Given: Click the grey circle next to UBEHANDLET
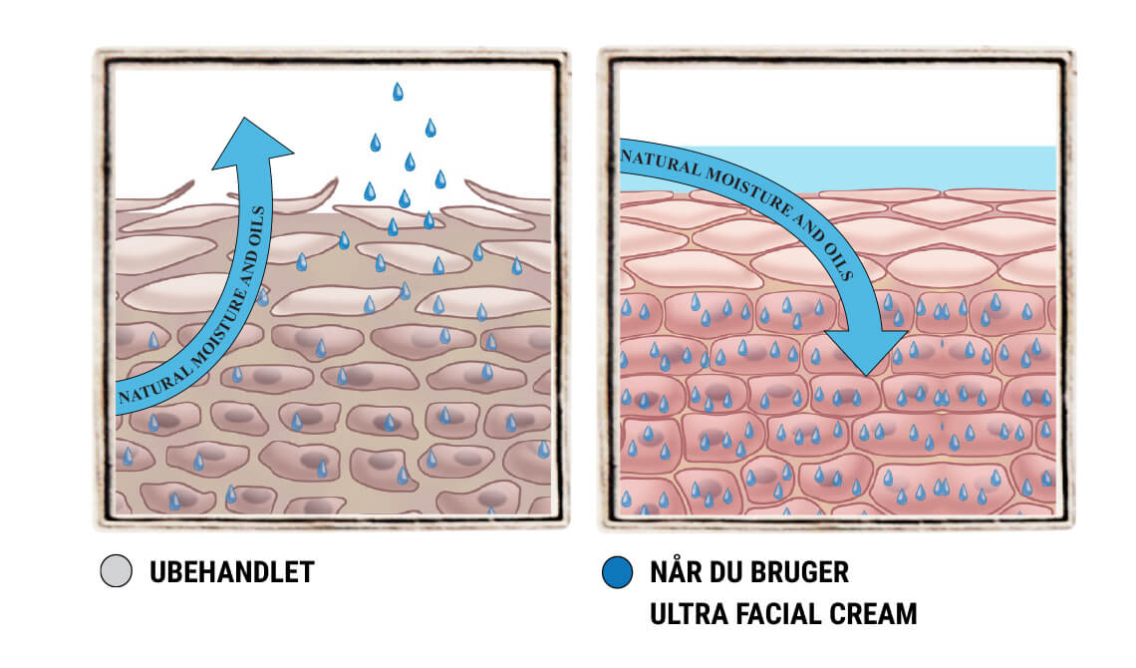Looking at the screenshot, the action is tap(116, 571).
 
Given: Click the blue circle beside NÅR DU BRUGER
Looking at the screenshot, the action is tap(617, 571).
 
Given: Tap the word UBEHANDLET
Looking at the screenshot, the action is tap(232, 572).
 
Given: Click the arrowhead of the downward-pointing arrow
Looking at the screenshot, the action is tap(867, 352).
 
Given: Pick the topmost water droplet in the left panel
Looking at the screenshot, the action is tap(398, 92).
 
